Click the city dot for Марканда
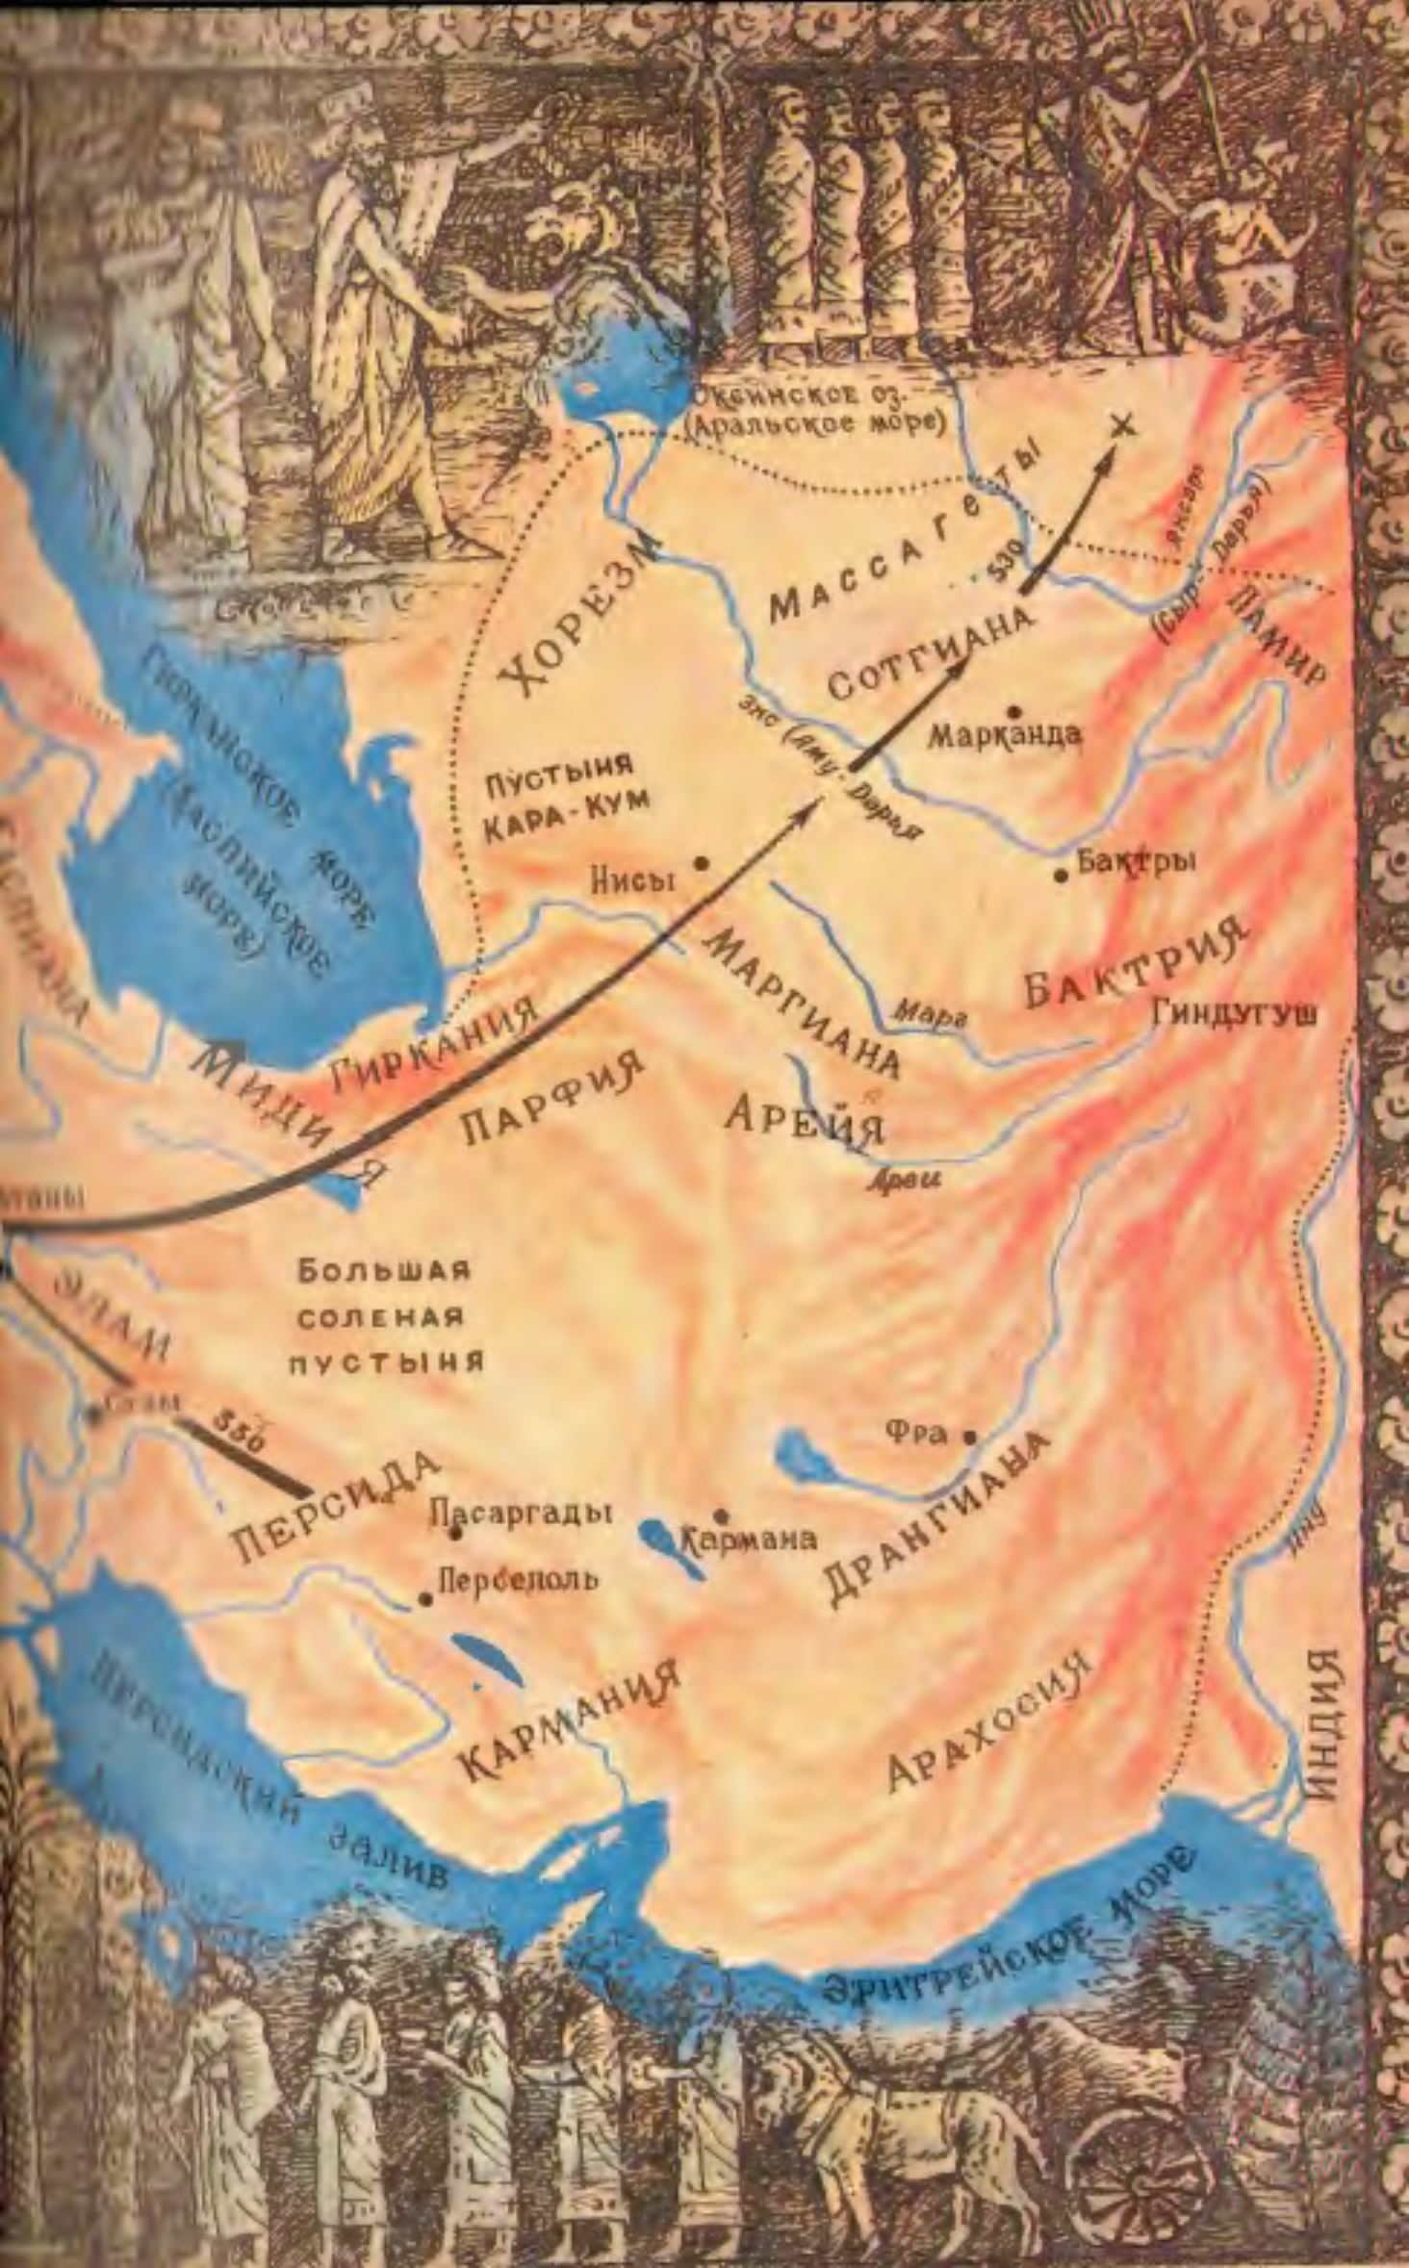tap(1012, 711)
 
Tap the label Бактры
tap(1136, 862)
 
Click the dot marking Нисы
tap(703, 863)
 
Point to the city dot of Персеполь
tap(425, 1599)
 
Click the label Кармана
tap(750, 1540)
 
